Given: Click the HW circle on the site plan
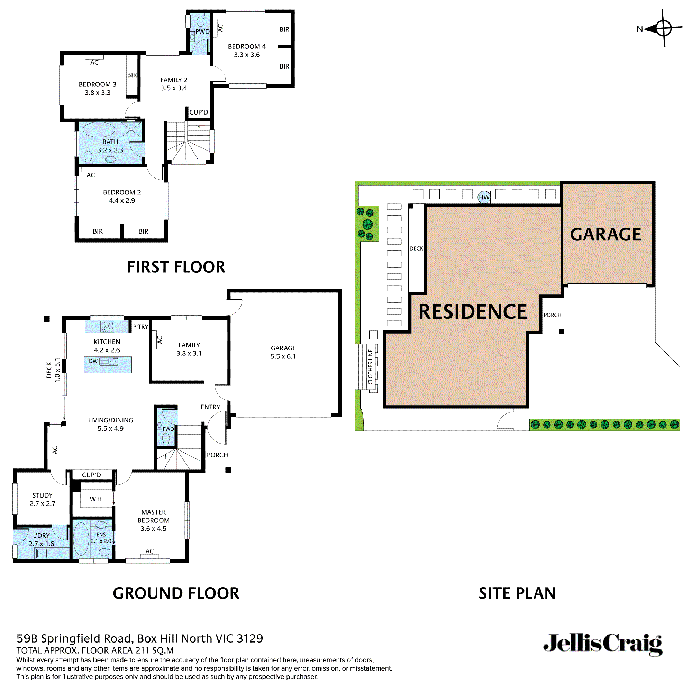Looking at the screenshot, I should pos(484,197).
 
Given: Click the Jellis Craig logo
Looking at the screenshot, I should pos(603,644).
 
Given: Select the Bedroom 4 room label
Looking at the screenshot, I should pos(247,47).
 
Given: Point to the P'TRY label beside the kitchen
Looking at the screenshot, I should pos(140,327).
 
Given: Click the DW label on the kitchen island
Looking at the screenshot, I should pos(93,361).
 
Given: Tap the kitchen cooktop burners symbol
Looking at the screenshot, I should pos(108,326).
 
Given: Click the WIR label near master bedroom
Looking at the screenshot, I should pos(95,499).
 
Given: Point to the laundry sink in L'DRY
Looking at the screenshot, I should pos(42,554).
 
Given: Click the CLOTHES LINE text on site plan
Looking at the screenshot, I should pos(370,367).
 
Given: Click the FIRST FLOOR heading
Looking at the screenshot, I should pos(176,267).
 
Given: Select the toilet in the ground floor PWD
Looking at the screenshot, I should pos(166,438).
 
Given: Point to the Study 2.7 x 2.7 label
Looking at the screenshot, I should pos(42,499).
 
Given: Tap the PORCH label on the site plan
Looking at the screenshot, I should pos(552,315).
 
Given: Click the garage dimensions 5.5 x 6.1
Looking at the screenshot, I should pos(283,356).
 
